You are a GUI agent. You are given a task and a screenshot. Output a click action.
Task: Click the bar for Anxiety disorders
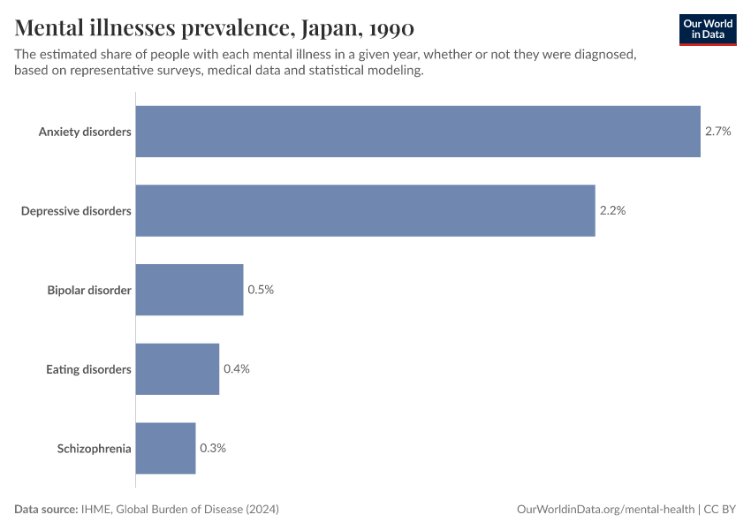point(418,132)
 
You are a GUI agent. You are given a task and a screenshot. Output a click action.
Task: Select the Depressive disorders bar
point(365,211)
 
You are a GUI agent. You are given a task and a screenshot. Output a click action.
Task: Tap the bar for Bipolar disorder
point(189,290)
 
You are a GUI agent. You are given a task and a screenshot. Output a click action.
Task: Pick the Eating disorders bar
point(177,369)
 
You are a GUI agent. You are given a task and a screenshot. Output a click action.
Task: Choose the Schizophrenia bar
point(165,448)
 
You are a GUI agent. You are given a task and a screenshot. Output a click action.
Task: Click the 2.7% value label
point(717,132)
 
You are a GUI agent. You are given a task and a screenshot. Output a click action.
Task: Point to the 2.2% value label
point(612,211)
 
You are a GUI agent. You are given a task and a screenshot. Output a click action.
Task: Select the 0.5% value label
point(261,290)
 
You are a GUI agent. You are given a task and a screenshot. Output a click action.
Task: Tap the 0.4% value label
point(237,369)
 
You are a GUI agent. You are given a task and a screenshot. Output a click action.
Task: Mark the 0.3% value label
point(213,448)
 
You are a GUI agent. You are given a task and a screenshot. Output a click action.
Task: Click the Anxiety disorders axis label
point(85,132)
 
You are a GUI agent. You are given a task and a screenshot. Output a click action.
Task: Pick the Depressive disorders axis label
point(76,211)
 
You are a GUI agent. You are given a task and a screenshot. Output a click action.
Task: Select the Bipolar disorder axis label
point(89,290)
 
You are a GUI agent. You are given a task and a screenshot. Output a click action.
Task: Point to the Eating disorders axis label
point(88,369)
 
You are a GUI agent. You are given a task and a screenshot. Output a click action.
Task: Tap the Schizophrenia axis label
point(95,448)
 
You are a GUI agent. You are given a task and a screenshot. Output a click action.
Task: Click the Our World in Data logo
point(707,29)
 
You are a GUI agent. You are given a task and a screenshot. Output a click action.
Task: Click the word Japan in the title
point(327,29)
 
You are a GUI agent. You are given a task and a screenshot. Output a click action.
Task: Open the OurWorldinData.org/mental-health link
point(605,510)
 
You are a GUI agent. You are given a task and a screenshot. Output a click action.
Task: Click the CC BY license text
point(720,510)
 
